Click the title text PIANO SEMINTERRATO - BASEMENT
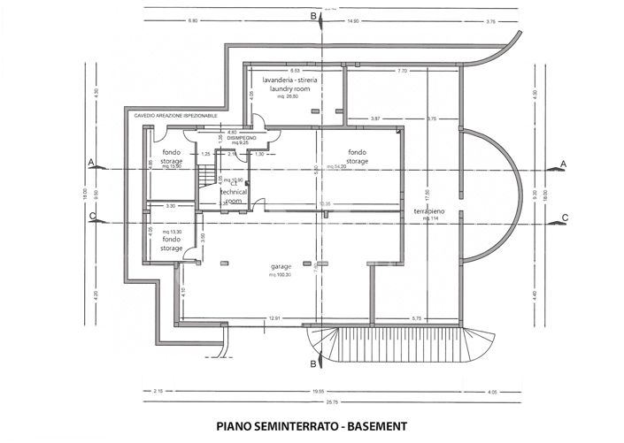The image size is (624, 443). (312, 425)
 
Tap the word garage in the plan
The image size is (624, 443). (281, 265)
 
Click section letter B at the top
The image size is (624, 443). (312, 16)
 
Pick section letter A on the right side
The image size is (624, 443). (564, 164)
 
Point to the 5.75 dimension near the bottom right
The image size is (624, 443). (416, 318)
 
